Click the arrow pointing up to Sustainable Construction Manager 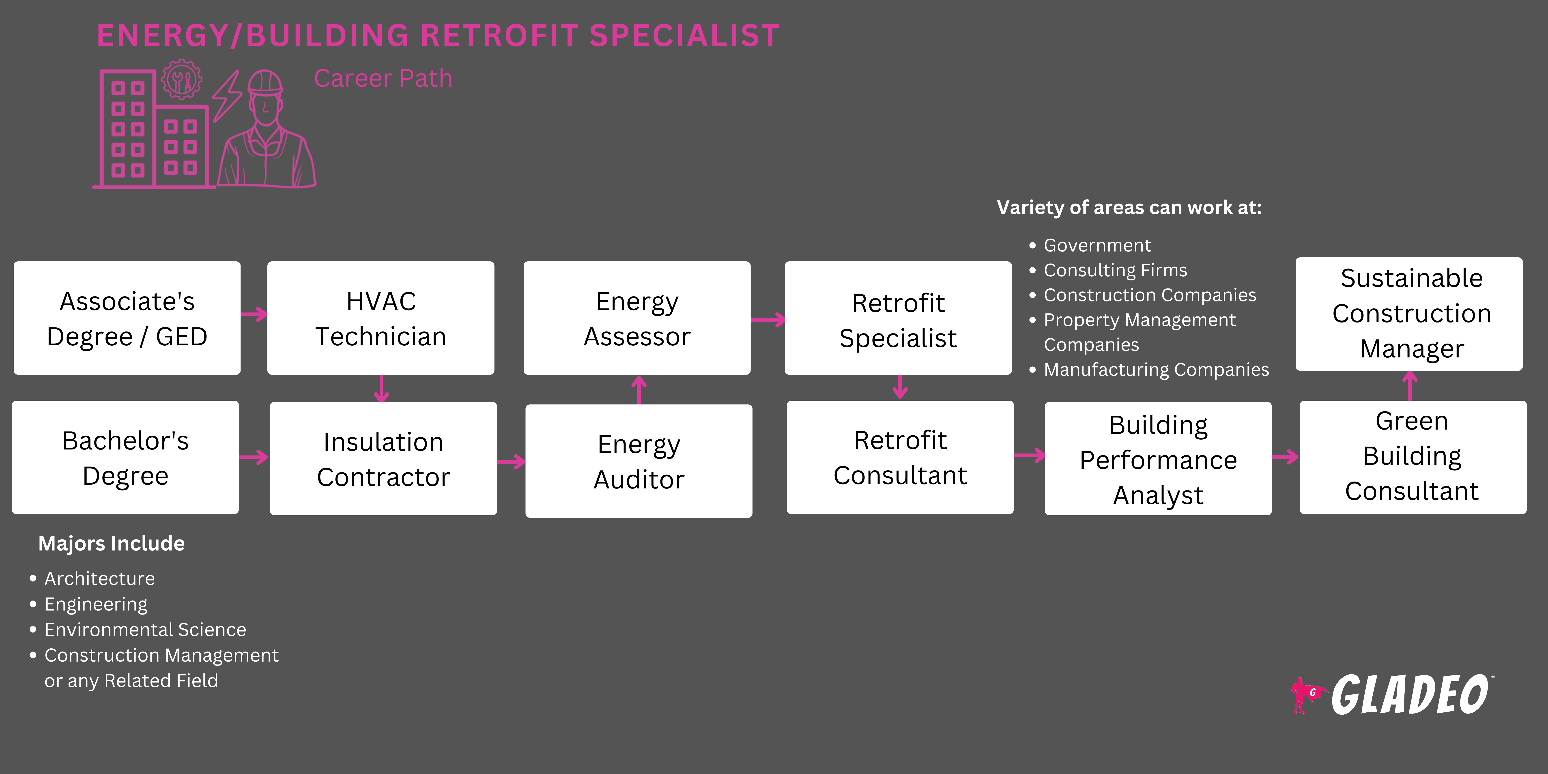1410,385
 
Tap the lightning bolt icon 227,96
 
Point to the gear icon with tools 180,79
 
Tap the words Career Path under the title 383,79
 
